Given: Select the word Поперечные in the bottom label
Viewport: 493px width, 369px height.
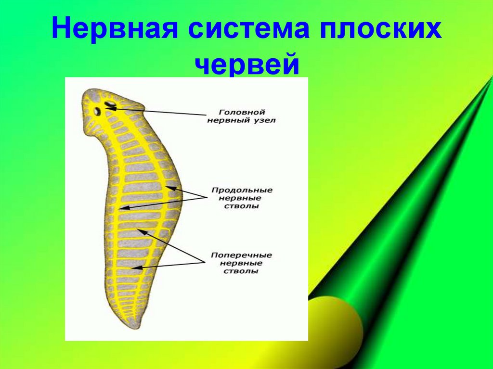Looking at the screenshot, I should [x=242, y=255].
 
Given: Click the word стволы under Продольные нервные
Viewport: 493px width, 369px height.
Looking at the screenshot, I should [x=242, y=206].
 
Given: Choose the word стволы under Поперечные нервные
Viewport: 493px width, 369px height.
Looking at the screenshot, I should [x=242, y=271].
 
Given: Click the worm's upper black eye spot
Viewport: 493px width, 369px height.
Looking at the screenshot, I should [x=110, y=103].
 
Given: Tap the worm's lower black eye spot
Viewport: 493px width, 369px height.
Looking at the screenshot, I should [x=97, y=111].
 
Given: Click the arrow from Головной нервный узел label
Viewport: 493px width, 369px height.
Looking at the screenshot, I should [x=159, y=112].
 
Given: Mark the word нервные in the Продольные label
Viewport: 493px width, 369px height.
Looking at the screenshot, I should [x=242, y=198].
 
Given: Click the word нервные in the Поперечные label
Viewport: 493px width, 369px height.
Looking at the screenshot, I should [x=242, y=263].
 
